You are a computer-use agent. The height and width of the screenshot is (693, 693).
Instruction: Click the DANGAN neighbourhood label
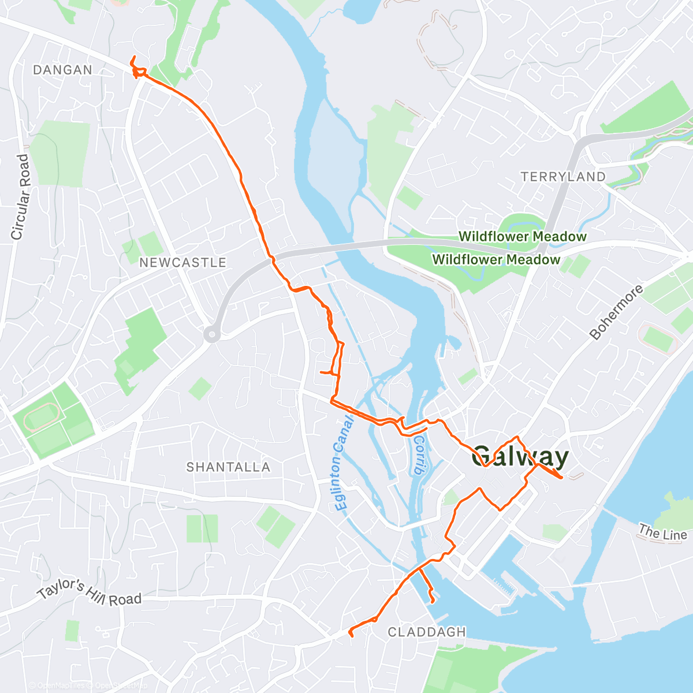click(x=62, y=70)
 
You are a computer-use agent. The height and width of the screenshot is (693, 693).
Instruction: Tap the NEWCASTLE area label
click(x=182, y=263)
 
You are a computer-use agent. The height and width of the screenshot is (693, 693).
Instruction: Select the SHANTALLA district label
click(x=228, y=467)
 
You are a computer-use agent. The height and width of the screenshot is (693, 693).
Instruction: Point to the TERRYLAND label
click(x=563, y=177)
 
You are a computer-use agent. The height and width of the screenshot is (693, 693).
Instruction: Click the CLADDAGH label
click(x=427, y=632)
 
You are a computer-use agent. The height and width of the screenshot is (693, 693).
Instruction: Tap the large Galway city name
click(x=520, y=457)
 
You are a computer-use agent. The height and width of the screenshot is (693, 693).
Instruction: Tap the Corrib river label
click(x=420, y=454)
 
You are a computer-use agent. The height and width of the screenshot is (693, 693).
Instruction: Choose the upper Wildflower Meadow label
click(x=523, y=237)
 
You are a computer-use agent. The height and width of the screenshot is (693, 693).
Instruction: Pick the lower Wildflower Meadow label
click(x=496, y=260)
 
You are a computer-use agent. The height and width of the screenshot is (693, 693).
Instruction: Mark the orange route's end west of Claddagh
click(x=351, y=635)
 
